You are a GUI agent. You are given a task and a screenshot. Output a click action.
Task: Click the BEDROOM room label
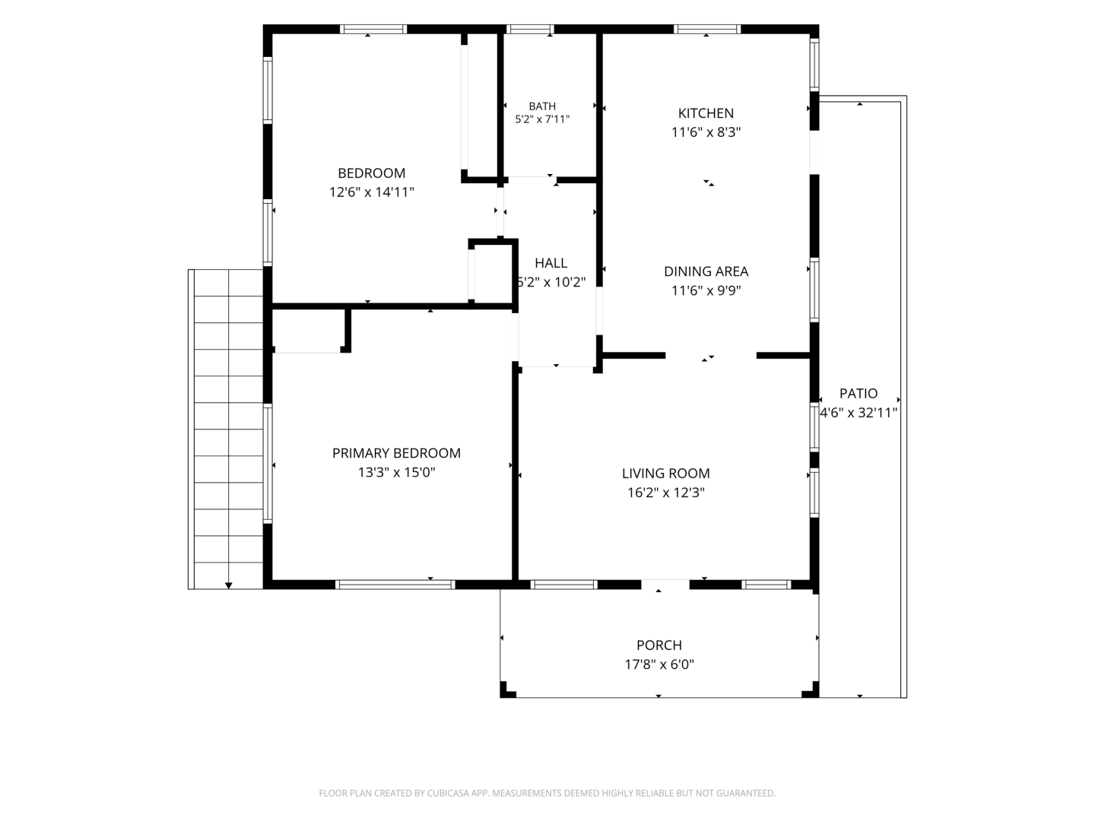(371, 173)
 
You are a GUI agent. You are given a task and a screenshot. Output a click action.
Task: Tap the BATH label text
(541, 106)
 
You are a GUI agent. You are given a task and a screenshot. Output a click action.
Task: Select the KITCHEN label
(706, 113)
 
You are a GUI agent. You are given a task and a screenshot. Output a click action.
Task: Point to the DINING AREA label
(706, 271)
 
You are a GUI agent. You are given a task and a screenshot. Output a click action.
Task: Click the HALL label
(551, 263)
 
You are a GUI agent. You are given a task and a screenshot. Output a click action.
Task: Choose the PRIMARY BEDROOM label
(396, 452)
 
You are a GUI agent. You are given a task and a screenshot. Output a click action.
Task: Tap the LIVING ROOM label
(665, 473)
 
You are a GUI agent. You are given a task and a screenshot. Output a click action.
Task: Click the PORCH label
(659, 645)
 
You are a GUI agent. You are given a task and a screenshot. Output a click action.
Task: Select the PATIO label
(858, 393)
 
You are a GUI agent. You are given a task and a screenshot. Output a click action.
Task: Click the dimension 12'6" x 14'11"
(371, 192)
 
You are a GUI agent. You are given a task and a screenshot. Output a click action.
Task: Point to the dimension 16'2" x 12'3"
(665, 493)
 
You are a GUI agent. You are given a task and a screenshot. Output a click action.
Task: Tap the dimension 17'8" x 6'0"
(659, 664)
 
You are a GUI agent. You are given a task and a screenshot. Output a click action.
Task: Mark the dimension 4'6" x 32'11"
(859, 413)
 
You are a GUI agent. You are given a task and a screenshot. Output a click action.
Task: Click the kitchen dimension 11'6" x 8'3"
(706, 132)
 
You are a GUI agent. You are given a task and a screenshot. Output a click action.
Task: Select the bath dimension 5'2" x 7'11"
(541, 119)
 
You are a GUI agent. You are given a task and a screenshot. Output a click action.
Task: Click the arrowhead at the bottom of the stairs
(228, 585)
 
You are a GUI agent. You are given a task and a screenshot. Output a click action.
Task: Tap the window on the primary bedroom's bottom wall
(395, 585)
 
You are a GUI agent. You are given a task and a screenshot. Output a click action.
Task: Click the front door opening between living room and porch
(665, 585)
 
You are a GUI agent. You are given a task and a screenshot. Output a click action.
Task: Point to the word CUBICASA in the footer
(448, 793)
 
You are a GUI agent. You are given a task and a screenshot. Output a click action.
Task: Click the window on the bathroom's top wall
(530, 29)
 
